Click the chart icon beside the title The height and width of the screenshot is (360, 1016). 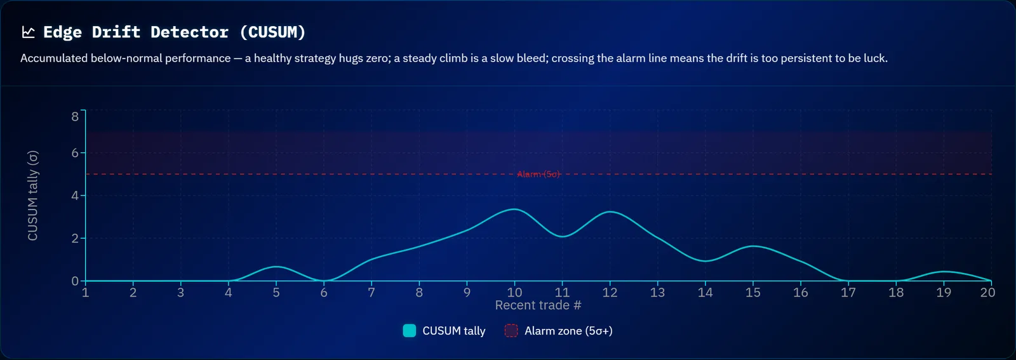pyautogui.click(x=28, y=32)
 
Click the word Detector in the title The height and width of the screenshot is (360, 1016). pyautogui.click(x=189, y=32)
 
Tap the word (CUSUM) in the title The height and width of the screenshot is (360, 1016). pyautogui.click(x=272, y=32)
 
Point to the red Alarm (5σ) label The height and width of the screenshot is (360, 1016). pyautogui.click(x=538, y=174)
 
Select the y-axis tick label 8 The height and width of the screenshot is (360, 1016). pyautogui.click(x=75, y=117)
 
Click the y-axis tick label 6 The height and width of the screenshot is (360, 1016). pyautogui.click(x=75, y=153)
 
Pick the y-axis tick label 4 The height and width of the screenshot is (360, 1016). pyautogui.click(x=75, y=196)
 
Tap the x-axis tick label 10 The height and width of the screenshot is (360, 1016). pyautogui.click(x=514, y=293)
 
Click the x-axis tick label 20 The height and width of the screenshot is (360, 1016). pyautogui.click(x=987, y=293)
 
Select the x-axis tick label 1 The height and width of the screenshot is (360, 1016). pyautogui.click(x=85, y=293)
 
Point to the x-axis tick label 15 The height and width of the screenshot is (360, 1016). pyautogui.click(x=753, y=293)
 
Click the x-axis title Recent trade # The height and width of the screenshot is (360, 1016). pyautogui.click(x=538, y=305)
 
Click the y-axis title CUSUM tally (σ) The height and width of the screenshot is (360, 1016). pyautogui.click(x=32, y=196)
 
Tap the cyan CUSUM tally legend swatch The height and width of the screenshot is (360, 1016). pyautogui.click(x=409, y=331)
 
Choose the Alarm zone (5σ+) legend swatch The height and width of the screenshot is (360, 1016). pyautogui.click(x=511, y=331)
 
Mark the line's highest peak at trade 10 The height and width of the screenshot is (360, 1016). pyautogui.click(x=514, y=209)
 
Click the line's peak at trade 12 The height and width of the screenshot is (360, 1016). pyautogui.click(x=610, y=211)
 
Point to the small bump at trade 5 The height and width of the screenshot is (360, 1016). pyautogui.click(x=276, y=267)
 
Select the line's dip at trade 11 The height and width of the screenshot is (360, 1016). pyautogui.click(x=562, y=236)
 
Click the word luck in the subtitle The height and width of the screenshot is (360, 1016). pyautogui.click(x=876, y=58)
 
